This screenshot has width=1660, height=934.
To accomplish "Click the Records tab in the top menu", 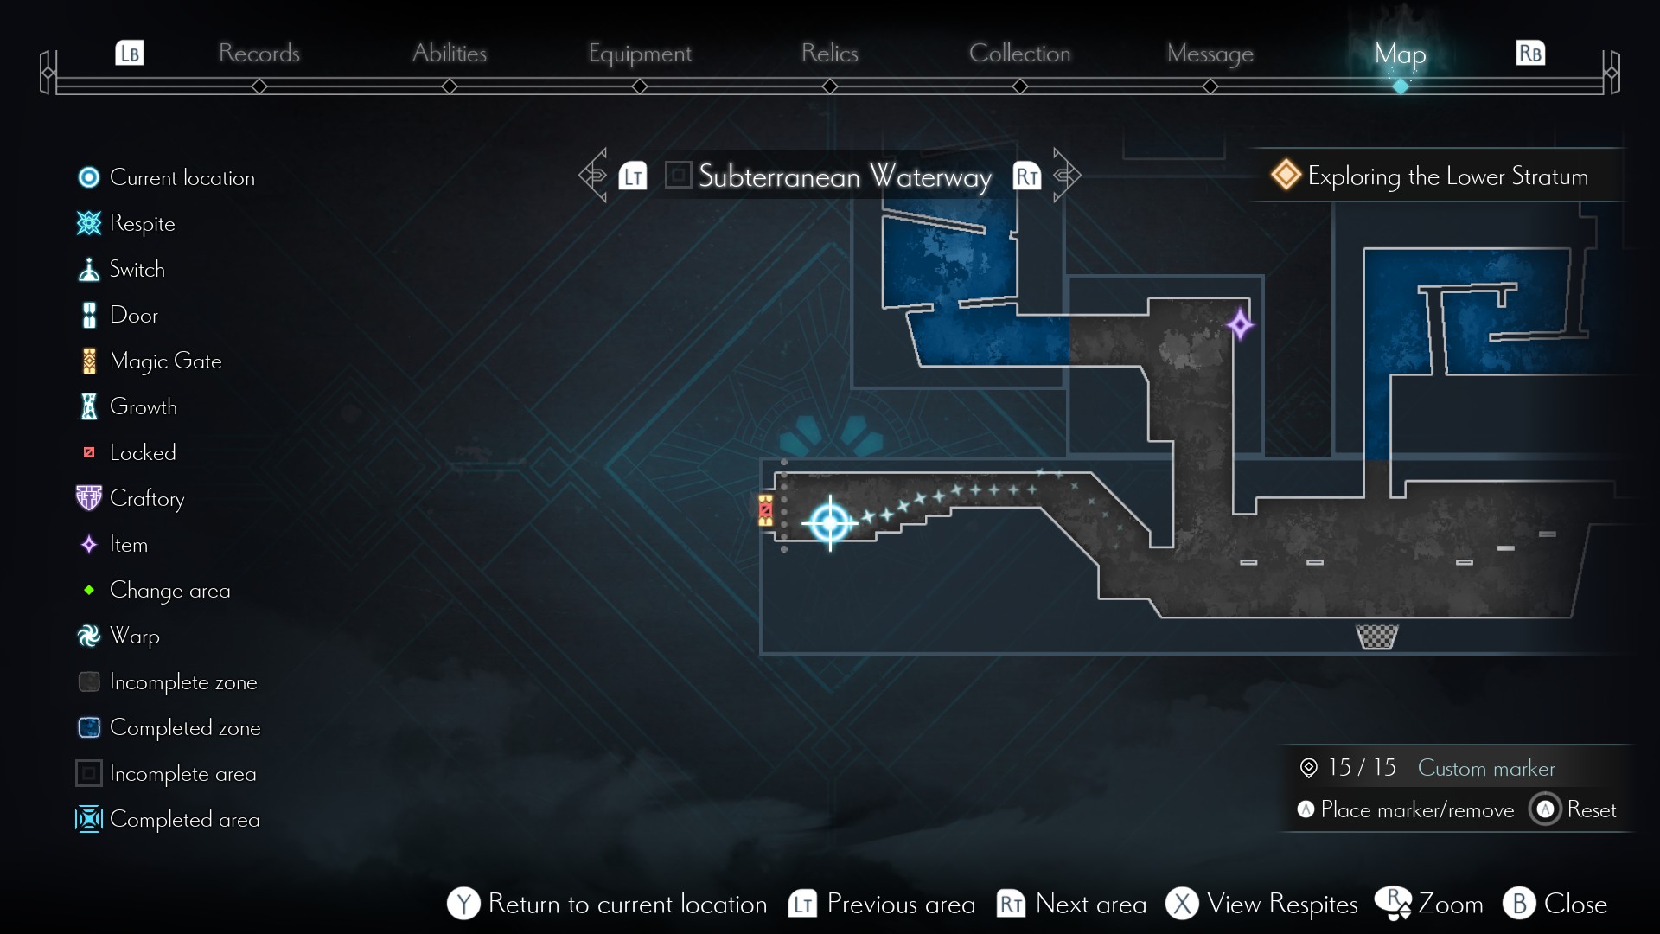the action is tap(259, 54).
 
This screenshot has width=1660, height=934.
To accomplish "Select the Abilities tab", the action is tap(450, 54).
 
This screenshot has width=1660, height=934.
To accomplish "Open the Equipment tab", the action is tap(640, 54).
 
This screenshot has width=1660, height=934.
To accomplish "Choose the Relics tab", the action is tap(829, 54).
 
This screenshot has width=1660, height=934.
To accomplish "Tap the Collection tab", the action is tap(1019, 54).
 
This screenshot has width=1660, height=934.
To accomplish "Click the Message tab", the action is tap(1210, 54).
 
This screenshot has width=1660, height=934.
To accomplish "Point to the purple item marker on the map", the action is tap(1240, 325).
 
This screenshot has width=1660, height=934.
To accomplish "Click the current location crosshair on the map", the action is tap(830, 522).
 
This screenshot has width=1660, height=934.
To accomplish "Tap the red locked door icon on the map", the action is tap(765, 510).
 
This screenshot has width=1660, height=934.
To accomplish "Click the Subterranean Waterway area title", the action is tap(844, 176).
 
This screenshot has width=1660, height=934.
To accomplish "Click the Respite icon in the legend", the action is tap(89, 224).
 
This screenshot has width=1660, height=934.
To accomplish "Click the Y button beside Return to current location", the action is tap(463, 904).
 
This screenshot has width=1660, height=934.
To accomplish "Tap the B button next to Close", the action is tap(1519, 904).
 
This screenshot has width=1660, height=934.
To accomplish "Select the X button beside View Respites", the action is tap(1182, 904).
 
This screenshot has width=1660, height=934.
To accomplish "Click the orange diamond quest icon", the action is tap(1286, 175).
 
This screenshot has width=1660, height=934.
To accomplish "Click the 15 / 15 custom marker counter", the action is tap(1361, 768).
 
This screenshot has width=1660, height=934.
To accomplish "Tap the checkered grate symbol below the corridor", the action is tap(1376, 637).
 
